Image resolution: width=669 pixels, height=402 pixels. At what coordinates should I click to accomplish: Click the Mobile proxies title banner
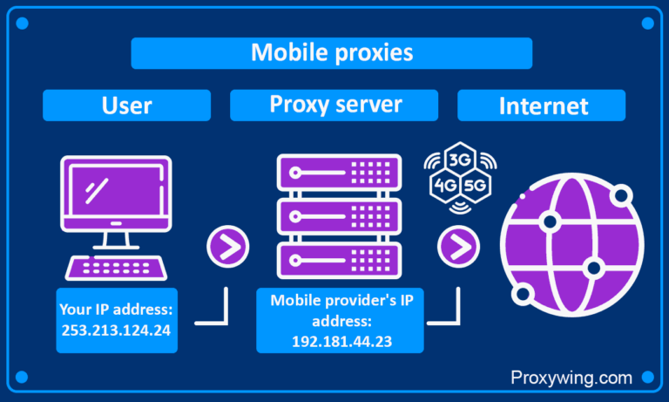(331, 52)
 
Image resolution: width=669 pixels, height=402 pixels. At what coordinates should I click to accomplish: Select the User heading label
(126, 106)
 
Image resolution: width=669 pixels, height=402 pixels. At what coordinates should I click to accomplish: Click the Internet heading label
(543, 106)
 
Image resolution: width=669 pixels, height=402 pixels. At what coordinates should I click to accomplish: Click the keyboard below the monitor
(116, 265)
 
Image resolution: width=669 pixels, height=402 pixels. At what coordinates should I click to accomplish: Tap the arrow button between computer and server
(227, 247)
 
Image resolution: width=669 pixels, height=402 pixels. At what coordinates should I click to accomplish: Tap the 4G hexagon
(443, 186)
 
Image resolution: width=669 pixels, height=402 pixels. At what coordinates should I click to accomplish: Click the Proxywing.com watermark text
(571, 378)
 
